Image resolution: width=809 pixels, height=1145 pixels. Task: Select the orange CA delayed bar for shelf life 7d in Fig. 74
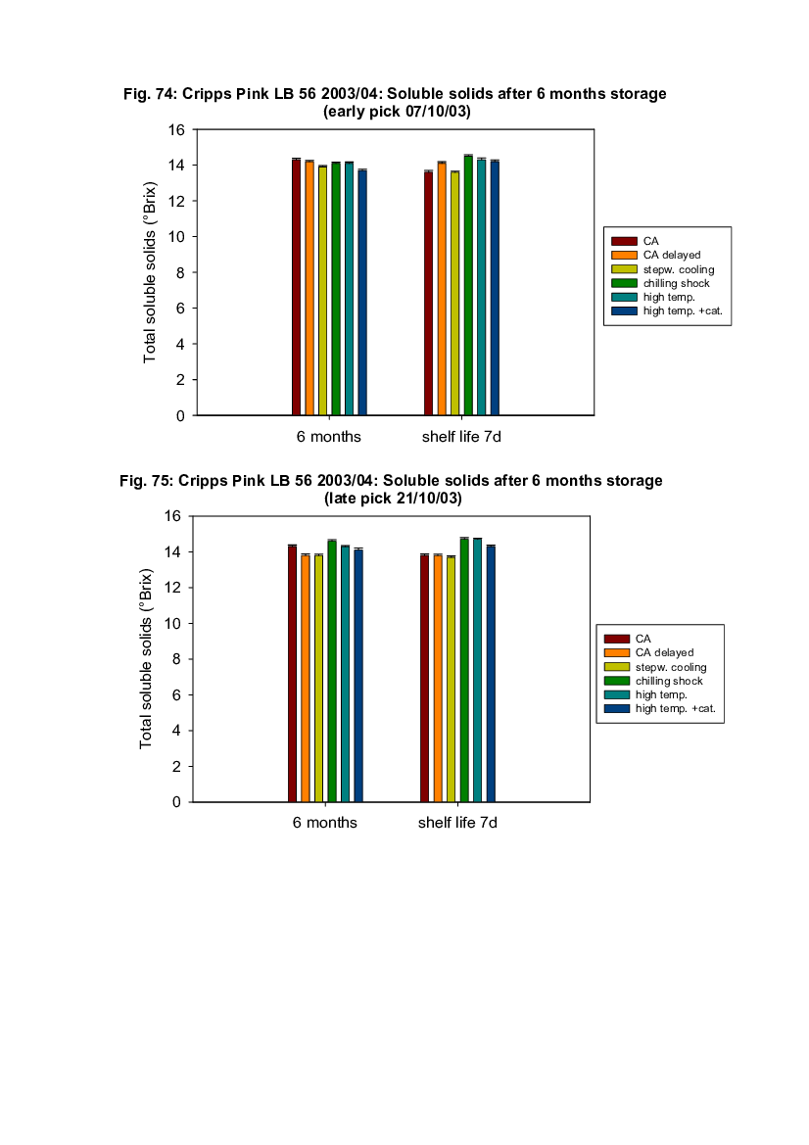442,288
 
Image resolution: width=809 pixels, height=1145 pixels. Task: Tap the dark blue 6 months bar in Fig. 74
362,292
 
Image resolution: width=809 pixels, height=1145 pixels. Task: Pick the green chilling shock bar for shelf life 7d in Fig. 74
468,285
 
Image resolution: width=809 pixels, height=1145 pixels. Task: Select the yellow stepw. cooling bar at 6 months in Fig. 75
318,678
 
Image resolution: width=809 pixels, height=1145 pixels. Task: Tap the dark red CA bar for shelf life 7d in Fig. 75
424,678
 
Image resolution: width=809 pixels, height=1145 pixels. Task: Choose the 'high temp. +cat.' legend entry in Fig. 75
679,708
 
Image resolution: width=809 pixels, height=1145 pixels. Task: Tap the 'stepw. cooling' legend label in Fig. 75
670,667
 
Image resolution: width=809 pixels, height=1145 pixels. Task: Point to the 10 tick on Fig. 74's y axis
176,237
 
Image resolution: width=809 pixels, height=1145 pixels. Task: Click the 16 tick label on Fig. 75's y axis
172,516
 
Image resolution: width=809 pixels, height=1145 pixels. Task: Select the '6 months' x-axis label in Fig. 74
329,436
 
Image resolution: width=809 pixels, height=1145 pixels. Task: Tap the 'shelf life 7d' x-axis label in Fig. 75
457,823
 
